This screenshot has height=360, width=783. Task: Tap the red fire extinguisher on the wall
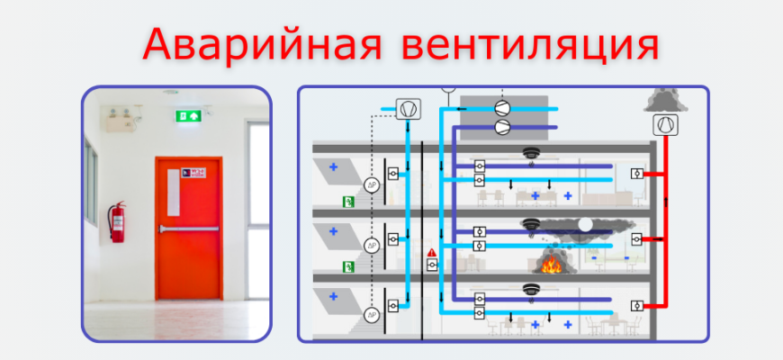(116, 221)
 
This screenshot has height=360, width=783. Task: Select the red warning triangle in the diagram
(432, 252)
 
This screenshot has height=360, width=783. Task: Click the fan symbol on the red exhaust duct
(666, 125)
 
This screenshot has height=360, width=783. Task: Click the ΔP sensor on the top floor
(370, 184)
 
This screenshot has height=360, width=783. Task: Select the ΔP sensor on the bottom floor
(370, 315)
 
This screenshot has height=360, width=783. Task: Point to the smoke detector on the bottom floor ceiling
(530, 290)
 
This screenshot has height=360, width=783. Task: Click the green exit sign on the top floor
(345, 202)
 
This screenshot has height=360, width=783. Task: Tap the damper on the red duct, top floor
(637, 173)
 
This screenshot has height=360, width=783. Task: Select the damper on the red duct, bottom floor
(637, 305)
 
